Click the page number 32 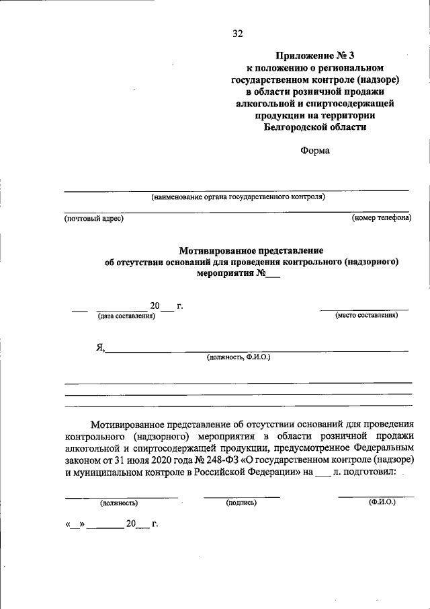(237, 33)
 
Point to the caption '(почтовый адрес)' (94, 218)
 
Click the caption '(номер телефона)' (381, 217)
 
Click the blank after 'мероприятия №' (272, 275)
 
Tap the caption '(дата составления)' (126, 316)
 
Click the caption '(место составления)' (366, 315)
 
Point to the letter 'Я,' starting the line (99, 347)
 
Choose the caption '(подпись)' (241, 503)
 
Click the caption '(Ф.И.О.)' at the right (382, 502)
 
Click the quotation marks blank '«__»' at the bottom (74, 524)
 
